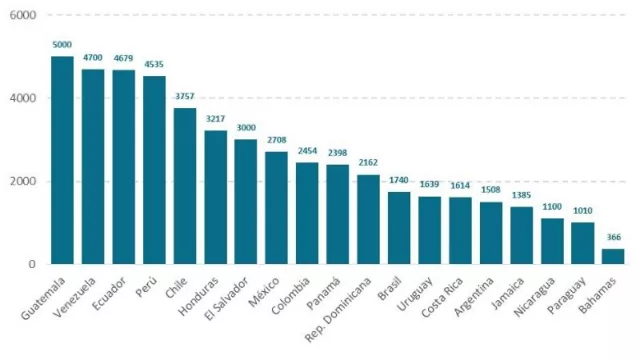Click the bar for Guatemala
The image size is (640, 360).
[x=62, y=160]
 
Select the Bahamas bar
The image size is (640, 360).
[x=613, y=256]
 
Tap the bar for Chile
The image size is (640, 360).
[x=185, y=186]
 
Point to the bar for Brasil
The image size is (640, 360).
[x=399, y=228]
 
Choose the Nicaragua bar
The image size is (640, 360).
[x=552, y=241]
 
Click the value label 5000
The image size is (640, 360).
[x=62, y=45]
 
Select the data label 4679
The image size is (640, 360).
[x=124, y=59]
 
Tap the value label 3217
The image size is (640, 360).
[x=215, y=119]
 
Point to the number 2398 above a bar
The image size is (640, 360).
[x=338, y=153]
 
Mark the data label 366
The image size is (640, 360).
[x=613, y=237]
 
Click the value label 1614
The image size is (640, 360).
[x=460, y=186]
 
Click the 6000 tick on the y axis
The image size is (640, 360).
[x=23, y=16]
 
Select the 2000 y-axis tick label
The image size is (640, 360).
[x=23, y=181]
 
